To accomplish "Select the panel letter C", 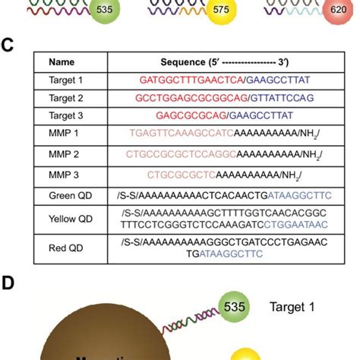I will (8, 45).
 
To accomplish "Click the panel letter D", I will (8, 283).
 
